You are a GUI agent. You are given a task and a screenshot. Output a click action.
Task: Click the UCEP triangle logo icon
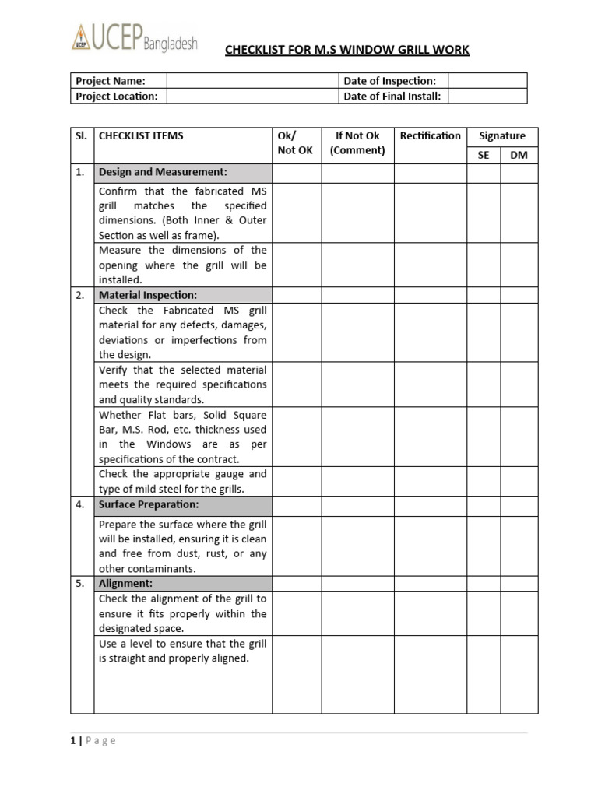(x=81, y=37)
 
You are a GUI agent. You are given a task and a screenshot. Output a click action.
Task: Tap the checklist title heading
(x=346, y=51)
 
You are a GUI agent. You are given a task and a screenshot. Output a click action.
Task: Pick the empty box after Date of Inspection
(x=487, y=81)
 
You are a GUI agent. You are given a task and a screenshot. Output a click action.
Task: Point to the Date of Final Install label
(x=392, y=96)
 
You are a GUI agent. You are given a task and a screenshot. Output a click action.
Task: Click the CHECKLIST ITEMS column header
(x=141, y=135)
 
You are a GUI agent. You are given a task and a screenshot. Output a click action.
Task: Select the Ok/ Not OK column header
(x=295, y=143)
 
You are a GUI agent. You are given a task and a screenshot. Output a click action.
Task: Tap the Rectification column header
(x=430, y=135)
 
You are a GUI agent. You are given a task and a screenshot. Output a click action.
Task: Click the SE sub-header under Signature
(x=484, y=155)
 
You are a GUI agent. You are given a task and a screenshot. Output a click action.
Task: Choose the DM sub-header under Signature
(x=519, y=155)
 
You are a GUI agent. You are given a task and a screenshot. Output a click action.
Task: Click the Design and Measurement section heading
(x=163, y=172)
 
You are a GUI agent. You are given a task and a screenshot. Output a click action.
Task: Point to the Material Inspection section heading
(x=148, y=295)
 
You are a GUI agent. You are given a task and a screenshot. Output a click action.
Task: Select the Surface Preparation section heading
(x=149, y=504)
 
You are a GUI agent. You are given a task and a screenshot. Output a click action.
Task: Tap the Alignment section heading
(x=125, y=583)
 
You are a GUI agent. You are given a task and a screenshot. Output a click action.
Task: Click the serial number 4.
(x=81, y=504)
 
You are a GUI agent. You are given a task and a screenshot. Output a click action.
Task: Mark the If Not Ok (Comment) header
(x=357, y=143)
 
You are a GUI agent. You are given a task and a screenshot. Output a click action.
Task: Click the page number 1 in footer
(x=73, y=741)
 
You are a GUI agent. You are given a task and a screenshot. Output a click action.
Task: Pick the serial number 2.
(x=81, y=295)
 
